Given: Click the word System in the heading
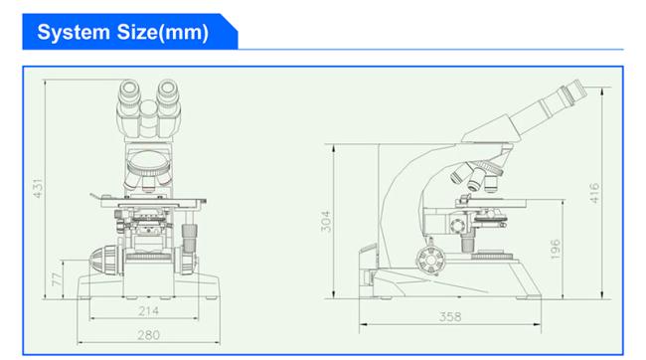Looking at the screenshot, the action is click(x=74, y=33).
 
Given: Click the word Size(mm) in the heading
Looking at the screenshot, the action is click(x=163, y=33).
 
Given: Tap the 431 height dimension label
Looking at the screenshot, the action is click(x=38, y=189).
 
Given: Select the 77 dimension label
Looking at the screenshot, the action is click(x=57, y=279).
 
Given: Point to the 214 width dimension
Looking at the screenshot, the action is click(x=148, y=310).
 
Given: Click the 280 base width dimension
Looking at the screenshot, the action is click(x=148, y=335).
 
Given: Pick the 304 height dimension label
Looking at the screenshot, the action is click(x=325, y=222).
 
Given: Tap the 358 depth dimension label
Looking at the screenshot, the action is click(x=450, y=316).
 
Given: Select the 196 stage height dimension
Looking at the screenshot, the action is click(x=555, y=249).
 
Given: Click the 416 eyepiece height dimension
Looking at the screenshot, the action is click(x=594, y=193).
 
